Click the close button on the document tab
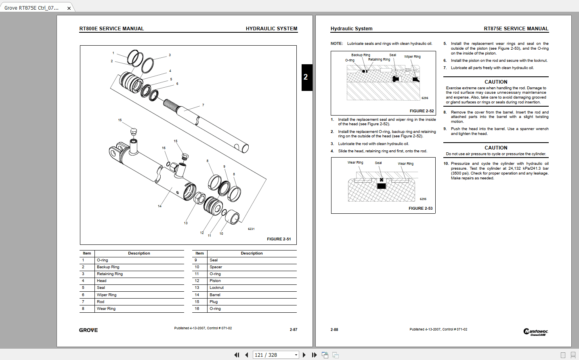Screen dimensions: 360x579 point(69,8)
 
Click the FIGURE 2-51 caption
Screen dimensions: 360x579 point(279,239)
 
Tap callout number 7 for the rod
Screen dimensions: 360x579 point(203,105)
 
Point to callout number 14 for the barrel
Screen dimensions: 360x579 point(159,206)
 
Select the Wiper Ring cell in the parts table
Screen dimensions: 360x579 point(107,295)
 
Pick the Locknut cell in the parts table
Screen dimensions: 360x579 point(216,288)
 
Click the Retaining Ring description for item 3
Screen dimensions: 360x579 point(110,274)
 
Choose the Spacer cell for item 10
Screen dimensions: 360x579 point(216,267)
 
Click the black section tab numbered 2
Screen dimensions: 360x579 point(306,77)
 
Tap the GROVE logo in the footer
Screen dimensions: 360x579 point(88,330)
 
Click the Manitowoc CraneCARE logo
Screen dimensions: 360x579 point(535,332)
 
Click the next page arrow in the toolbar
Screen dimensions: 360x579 point(304,355)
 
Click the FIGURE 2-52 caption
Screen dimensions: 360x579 point(422,111)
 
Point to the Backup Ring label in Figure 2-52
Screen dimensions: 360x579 point(360,55)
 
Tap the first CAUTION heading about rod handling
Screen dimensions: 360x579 point(496,82)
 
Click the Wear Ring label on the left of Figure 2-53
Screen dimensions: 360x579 point(355,162)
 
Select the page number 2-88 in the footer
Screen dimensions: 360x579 point(334,330)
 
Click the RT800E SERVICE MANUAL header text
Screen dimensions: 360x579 point(111,29)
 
